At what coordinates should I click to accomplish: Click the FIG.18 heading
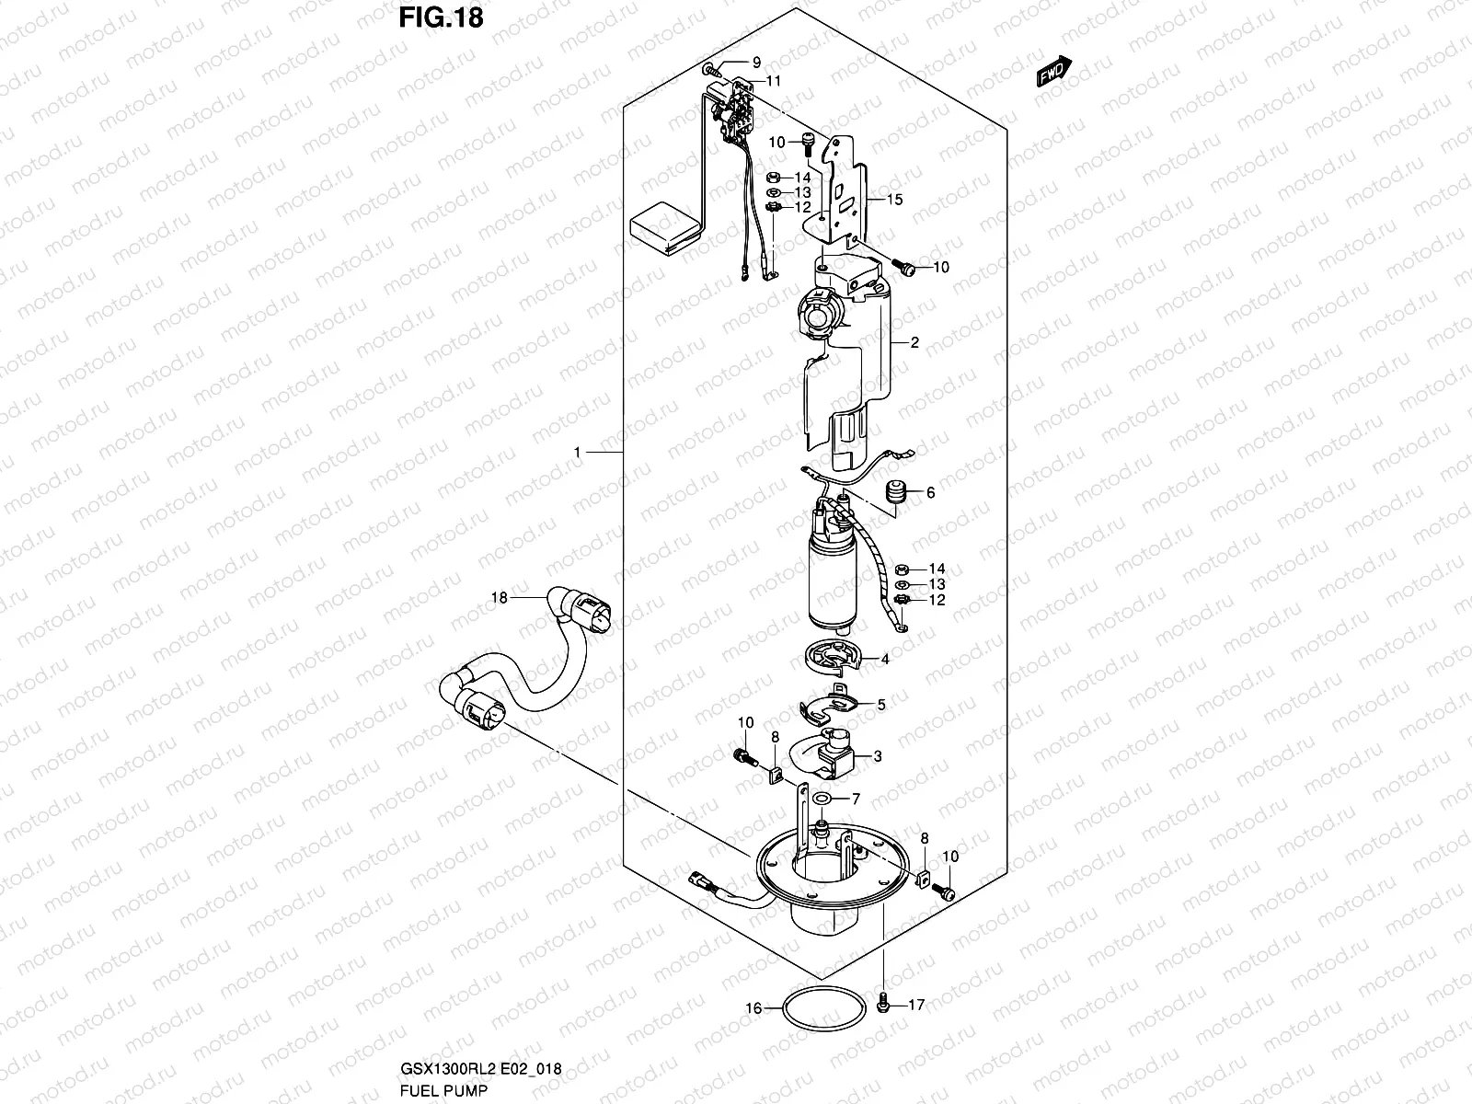pos(441,18)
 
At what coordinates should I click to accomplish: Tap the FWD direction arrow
pos(1054,73)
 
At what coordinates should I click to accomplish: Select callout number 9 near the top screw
pos(756,63)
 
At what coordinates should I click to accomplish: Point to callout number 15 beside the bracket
pos(895,200)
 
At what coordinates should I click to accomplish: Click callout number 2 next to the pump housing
pos(914,343)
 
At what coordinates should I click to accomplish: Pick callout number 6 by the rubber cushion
pos(930,493)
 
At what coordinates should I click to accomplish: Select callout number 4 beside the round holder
pos(884,660)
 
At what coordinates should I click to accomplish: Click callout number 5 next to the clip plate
pos(880,705)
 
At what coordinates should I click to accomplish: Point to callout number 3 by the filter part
pos(877,756)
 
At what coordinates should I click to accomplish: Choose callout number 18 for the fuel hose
pos(499,598)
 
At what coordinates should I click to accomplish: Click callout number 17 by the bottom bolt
pos(915,1005)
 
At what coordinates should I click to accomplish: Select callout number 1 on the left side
pos(577,453)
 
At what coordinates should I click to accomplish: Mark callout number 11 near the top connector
pos(773,81)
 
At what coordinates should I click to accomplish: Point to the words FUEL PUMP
pos(443,1090)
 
